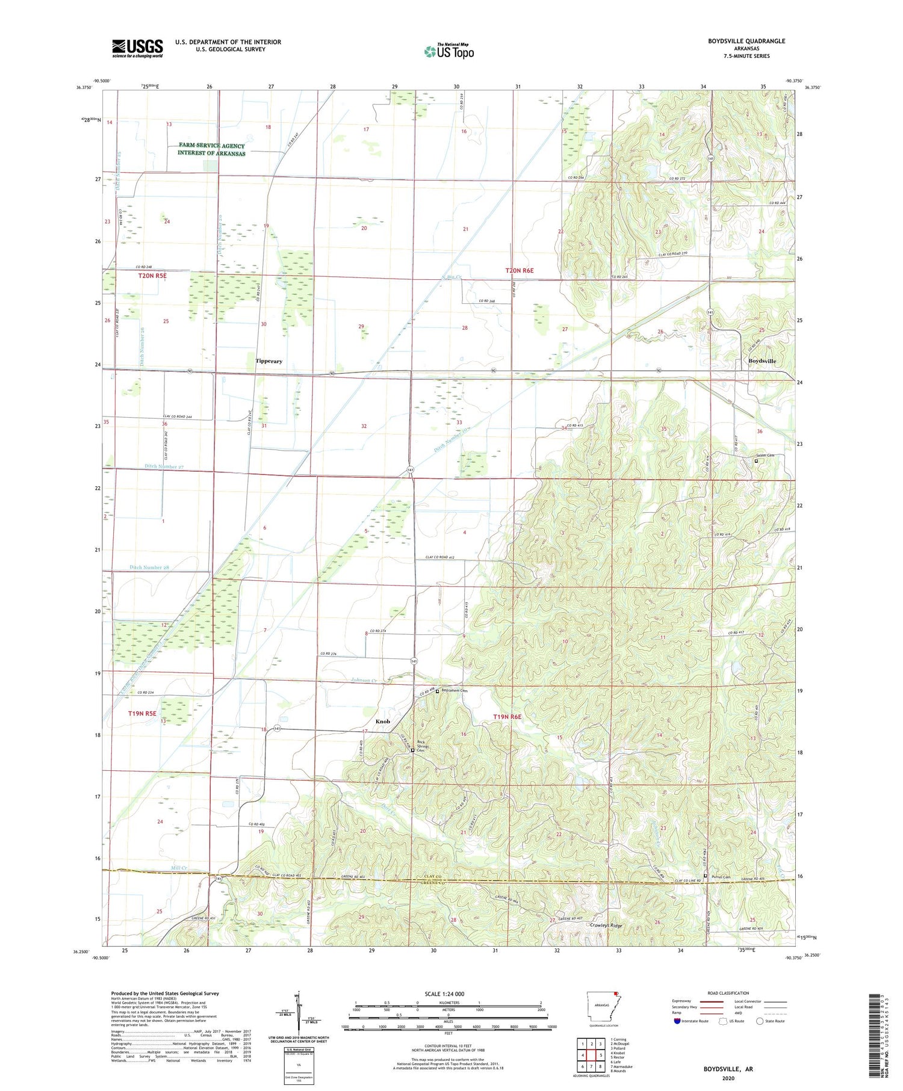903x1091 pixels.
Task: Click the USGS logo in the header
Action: [x=137, y=48]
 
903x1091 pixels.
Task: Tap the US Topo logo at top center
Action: [x=448, y=51]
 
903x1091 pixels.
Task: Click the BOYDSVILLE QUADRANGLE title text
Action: [x=746, y=41]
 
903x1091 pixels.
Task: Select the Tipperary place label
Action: [x=268, y=361]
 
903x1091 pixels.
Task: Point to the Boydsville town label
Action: [x=762, y=361]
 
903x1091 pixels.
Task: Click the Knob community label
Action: [x=383, y=721]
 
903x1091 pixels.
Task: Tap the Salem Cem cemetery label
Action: [x=765, y=456]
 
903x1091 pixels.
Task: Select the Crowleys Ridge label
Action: [x=606, y=926]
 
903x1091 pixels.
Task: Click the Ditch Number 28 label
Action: [x=149, y=567]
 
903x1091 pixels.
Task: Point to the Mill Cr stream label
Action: [x=179, y=868]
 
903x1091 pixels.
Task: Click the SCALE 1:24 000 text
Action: [x=445, y=994]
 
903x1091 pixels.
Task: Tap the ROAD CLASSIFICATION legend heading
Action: [x=728, y=993]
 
